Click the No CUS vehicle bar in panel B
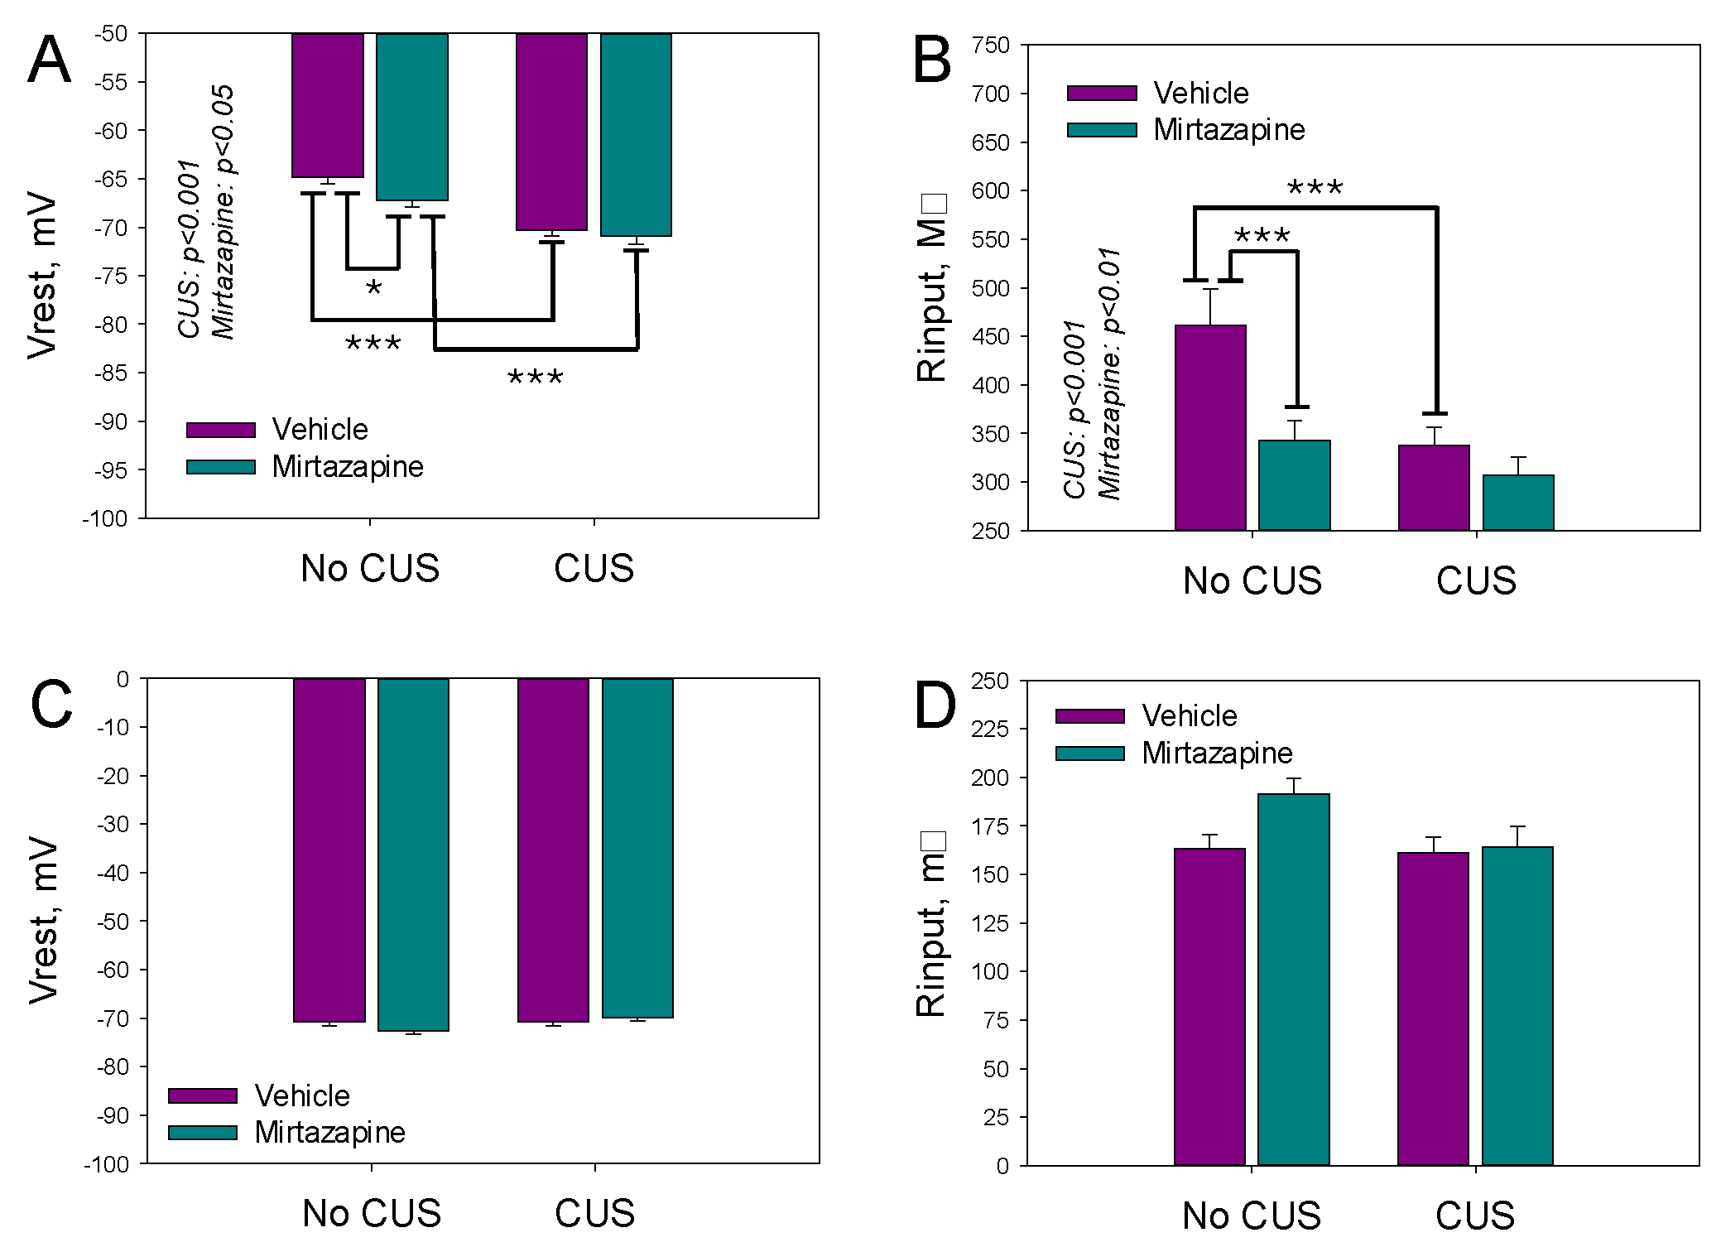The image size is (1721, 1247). tap(1210, 427)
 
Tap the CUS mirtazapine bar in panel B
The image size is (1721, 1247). tap(1517, 503)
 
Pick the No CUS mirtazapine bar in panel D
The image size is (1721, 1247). tap(1293, 979)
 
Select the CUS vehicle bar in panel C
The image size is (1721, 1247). tap(553, 850)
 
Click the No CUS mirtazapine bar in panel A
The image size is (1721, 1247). tap(412, 117)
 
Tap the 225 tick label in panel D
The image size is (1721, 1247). tap(990, 729)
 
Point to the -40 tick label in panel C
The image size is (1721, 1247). tap(114, 873)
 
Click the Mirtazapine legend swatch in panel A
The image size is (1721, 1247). tap(220, 467)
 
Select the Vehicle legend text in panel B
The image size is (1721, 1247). tap(1200, 94)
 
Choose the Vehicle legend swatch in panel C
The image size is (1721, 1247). tap(203, 1095)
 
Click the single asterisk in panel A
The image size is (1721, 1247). tap(373, 289)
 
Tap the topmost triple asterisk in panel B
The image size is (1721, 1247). tap(1315, 189)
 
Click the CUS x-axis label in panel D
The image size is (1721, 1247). tap(1475, 1216)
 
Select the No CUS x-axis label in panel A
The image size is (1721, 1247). tap(370, 569)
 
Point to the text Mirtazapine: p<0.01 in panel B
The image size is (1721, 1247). tap(1109, 373)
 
